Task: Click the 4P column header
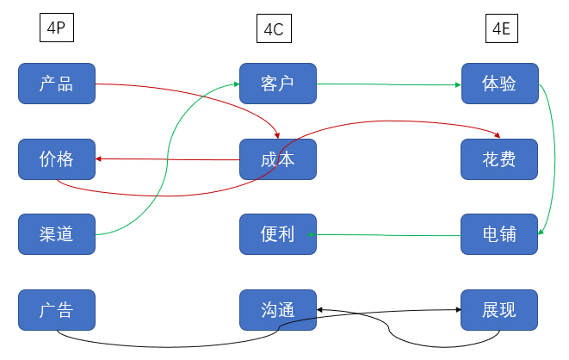(x=57, y=28)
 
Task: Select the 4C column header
(x=273, y=29)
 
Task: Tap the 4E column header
(x=499, y=29)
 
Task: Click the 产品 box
(x=57, y=84)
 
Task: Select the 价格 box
(x=57, y=158)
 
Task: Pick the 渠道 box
(x=57, y=233)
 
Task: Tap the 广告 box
(x=57, y=310)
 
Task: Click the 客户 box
(x=277, y=84)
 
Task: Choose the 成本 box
(x=277, y=158)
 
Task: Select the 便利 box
(x=277, y=233)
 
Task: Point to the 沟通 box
(x=277, y=310)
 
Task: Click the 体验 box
(x=499, y=84)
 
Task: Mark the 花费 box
(x=499, y=158)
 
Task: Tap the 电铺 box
(x=499, y=233)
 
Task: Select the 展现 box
(x=499, y=310)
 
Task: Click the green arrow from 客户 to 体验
(x=387, y=84)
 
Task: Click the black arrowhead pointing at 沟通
(x=320, y=309)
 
